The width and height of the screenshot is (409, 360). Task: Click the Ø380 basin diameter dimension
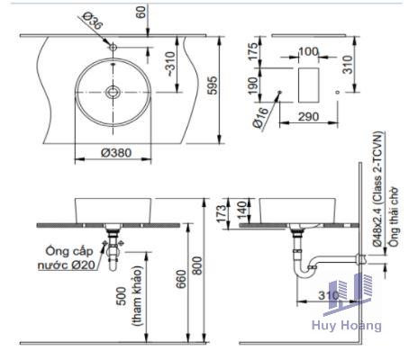(116, 153)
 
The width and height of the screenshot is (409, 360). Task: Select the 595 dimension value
(213, 85)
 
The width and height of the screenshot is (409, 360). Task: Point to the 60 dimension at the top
(141, 13)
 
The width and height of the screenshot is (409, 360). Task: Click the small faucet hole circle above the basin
(113, 47)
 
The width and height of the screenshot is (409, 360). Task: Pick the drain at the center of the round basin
(113, 92)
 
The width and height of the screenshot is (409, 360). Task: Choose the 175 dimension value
(253, 51)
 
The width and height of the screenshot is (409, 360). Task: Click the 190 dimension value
(253, 85)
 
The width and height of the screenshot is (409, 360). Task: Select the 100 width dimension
(308, 51)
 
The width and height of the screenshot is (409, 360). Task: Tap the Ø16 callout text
(259, 118)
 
